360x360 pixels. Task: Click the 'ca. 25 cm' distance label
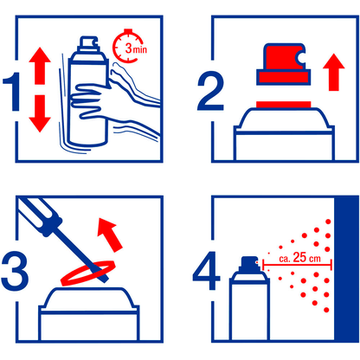click(x=299, y=257)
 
